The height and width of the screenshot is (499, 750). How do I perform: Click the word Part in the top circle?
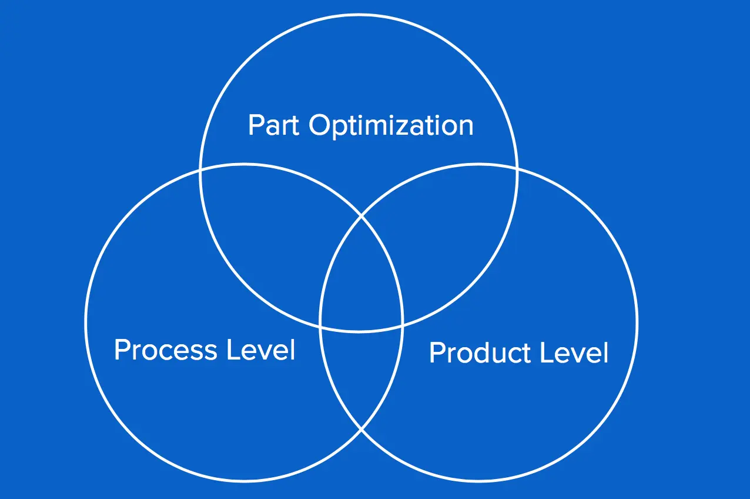(273, 125)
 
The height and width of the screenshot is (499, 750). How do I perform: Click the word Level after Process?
(261, 349)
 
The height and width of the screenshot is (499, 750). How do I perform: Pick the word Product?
(480, 352)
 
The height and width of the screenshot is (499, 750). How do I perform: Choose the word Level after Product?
(574, 352)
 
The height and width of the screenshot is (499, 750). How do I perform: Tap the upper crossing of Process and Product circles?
(361, 216)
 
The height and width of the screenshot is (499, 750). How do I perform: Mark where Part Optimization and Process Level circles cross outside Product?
(200, 171)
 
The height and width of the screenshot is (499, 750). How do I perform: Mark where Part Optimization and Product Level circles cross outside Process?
(517, 170)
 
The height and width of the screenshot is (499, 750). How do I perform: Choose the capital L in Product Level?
(547, 352)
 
